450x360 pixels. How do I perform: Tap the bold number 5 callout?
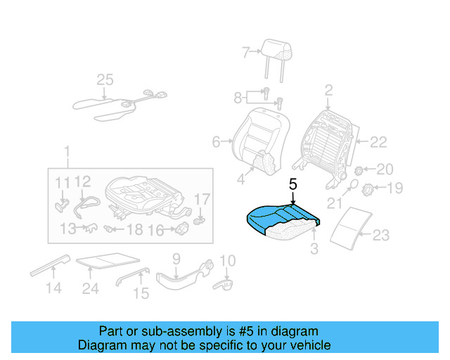[x=293, y=185]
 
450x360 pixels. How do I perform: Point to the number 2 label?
[x=328, y=90]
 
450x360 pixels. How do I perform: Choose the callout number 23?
[x=380, y=236]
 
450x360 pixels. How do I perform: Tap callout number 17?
[x=202, y=200]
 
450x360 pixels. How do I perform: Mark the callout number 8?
[x=238, y=97]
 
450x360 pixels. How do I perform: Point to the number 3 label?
[x=314, y=247]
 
